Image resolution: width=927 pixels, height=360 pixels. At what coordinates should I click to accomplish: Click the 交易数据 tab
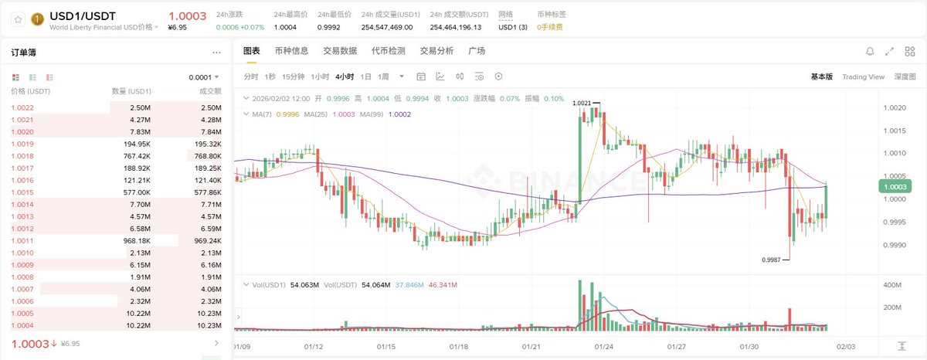coord(339,51)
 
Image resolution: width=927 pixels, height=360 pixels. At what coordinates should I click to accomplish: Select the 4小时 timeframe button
coord(345,76)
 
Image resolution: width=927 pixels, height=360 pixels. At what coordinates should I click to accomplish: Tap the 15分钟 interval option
coord(293,76)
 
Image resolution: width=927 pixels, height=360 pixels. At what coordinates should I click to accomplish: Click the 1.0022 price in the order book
coord(22,107)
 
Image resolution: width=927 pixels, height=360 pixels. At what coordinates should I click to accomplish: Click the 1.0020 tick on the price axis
coord(895,108)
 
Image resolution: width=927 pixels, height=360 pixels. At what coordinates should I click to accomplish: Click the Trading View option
coord(863,76)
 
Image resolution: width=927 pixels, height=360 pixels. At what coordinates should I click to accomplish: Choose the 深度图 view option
coord(905,76)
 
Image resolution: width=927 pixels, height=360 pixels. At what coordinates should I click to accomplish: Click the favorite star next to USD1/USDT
coord(18,19)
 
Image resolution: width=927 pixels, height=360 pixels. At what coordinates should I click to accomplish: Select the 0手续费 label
coord(550,27)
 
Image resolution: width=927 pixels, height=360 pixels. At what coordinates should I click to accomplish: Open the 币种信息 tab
coord(291,51)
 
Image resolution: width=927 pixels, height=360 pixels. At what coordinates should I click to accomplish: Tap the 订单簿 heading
coord(24,53)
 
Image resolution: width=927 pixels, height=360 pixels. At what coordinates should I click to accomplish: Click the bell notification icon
coord(870,51)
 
